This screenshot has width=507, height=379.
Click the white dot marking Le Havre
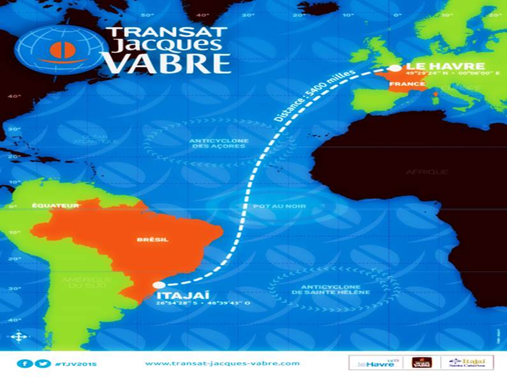coord(395,68)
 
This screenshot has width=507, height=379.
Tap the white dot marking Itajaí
coord(159,285)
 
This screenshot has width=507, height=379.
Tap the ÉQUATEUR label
coord(56,206)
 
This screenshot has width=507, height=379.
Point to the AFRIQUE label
coord(427,171)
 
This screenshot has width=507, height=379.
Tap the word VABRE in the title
coord(167,63)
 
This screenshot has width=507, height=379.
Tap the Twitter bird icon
coord(42,364)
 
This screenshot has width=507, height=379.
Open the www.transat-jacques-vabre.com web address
coord(222,363)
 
